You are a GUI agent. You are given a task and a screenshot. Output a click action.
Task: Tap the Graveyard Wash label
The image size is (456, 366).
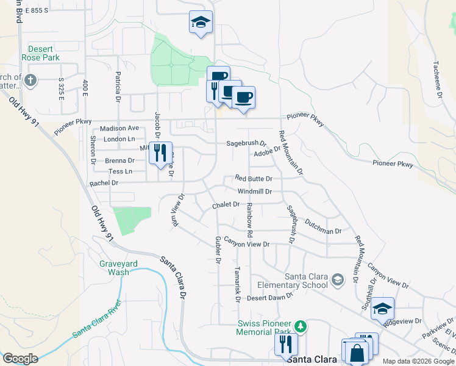click(118, 268)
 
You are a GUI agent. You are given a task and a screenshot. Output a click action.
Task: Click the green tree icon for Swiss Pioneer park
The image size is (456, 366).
click(299, 324)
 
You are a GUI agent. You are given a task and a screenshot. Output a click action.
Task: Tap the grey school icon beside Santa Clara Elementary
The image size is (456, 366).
click(337, 280)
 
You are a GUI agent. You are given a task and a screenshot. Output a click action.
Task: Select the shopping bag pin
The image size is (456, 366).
click(357, 351)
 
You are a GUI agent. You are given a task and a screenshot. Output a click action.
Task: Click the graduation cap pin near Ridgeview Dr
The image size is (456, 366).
click(382, 309)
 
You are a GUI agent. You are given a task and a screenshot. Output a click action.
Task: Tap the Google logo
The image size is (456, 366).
click(20, 358)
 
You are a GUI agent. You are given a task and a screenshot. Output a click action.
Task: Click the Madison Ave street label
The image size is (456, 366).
click(119, 128)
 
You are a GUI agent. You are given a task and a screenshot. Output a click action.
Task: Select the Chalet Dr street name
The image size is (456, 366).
click(226, 205)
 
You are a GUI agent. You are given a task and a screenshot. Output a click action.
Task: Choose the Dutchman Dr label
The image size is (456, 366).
click(324, 227)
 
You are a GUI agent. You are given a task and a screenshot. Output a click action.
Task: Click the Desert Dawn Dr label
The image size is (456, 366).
click(270, 298)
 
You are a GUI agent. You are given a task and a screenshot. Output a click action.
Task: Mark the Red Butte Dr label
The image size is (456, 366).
click(253, 179)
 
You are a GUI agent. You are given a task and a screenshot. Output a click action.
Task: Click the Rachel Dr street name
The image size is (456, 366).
click(102, 183)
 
